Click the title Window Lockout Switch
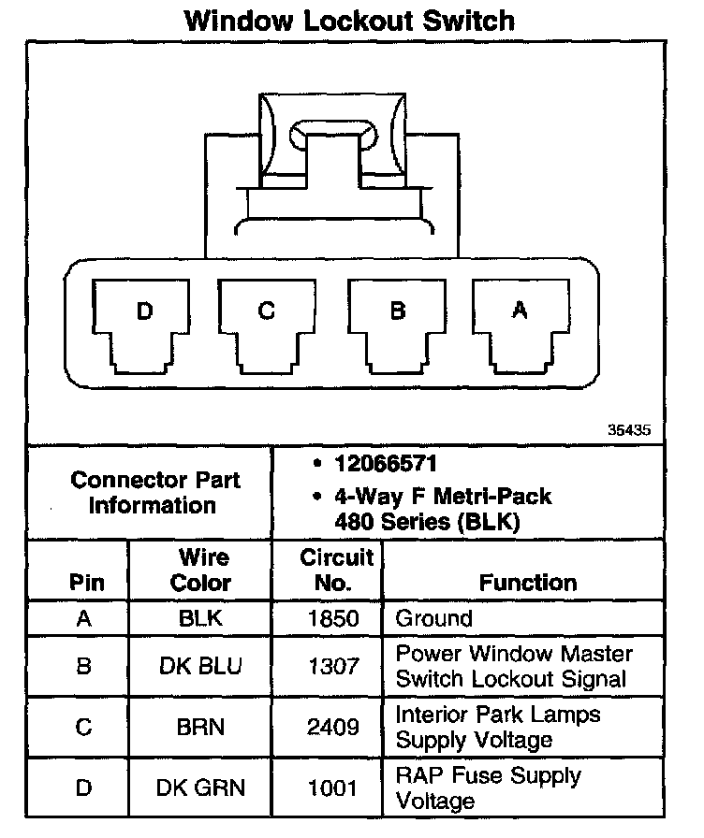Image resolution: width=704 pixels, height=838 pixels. coord(350,20)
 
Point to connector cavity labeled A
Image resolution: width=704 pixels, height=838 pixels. coord(520,323)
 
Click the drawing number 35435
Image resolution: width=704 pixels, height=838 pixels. coord(629,431)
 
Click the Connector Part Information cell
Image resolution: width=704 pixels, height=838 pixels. coord(155,493)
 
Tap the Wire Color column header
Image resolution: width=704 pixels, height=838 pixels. coord(200,570)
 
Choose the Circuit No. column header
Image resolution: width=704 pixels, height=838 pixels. coord(336,570)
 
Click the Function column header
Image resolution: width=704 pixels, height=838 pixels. coord(528,583)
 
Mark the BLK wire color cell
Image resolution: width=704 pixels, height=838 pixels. coord(200,618)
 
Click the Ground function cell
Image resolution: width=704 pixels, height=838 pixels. coord(434,618)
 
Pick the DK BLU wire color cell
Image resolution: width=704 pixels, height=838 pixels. coord(200,666)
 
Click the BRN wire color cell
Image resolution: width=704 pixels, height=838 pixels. coord(200,727)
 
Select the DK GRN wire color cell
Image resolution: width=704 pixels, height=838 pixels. coord(200,788)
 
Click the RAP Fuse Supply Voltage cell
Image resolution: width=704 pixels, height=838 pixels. coord(487,788)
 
